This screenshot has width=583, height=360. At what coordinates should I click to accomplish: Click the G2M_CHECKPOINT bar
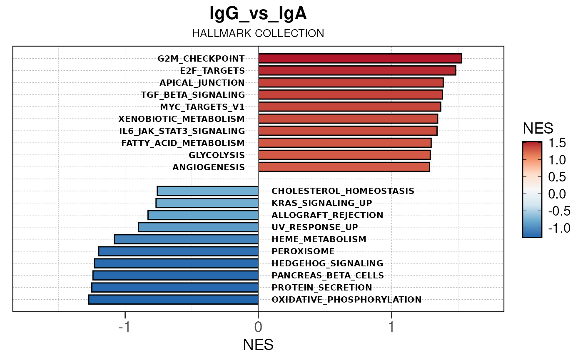[360, 59]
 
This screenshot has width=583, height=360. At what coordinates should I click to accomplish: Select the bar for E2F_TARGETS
[357, 71]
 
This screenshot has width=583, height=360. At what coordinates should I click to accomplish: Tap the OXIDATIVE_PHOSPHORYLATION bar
[173, 300]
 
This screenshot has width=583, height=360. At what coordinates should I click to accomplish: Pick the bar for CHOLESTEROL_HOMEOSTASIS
[208, 191]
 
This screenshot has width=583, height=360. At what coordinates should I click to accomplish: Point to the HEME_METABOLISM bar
[186, 239]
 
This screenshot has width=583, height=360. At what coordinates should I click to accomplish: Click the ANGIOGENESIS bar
[344, 167]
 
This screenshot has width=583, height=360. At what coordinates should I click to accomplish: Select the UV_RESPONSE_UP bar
[198, 227]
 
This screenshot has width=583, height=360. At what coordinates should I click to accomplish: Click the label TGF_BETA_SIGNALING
[193, 95]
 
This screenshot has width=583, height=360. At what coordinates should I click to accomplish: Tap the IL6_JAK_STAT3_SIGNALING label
[182, 131]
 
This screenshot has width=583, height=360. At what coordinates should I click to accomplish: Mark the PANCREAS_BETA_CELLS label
[328, 276]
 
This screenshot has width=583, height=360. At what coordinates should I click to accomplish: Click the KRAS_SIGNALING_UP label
[322, 203]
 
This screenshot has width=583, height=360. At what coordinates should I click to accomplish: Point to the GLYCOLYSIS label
[217, 155]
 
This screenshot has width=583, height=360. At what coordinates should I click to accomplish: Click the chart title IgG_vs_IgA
[258, 14]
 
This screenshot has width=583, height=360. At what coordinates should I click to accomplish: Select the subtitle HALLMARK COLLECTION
[258, 34]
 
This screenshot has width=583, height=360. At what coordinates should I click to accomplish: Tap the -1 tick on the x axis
[125, 327]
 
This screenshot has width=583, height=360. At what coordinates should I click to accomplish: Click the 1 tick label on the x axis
[391, 327]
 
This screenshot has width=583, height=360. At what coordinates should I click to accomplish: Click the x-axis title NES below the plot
[258, 345]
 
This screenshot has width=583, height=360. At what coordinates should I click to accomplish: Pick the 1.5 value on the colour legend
[557, 143]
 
